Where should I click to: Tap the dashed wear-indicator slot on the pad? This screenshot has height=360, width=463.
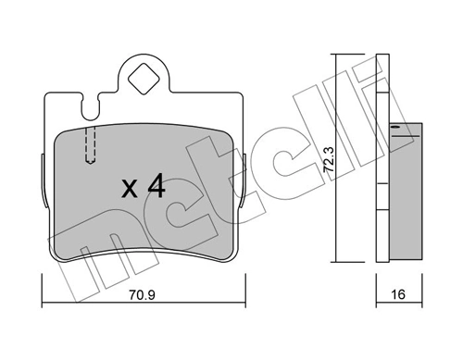click(90, 144)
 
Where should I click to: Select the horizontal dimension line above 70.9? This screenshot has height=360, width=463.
click(141, 281)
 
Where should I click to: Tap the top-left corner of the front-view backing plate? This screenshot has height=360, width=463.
click(46, 93)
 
